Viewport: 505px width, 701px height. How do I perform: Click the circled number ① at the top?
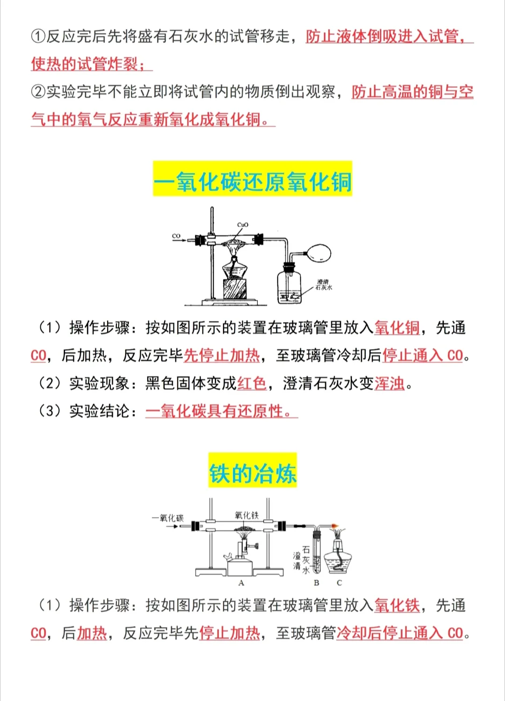(x=38, y=37)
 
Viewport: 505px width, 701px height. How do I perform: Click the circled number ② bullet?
(x=38, y=92)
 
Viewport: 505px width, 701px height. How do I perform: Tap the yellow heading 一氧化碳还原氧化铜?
(x=252, y=182)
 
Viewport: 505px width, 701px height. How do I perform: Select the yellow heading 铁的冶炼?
(x=252, y=473)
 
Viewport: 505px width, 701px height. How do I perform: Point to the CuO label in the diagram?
(x=243, y=225)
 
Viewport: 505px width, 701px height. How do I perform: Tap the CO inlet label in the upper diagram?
(x=176, y=236)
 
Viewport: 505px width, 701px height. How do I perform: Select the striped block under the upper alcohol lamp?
(x=235, y=289)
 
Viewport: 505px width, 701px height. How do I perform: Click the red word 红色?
(x=252, y=383)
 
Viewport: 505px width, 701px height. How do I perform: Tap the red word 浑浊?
(x=390, y=383)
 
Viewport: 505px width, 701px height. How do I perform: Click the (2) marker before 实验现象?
(x=50, y=383)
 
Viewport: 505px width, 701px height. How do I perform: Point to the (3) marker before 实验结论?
(x=50, y=411)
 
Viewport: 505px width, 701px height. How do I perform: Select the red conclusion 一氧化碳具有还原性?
(x=221, y=411)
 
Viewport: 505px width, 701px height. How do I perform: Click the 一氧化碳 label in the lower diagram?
(x=168, y=518)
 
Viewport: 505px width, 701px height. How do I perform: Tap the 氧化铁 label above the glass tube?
(x=246, y=515)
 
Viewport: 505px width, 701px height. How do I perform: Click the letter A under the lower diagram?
(x=241, y=583)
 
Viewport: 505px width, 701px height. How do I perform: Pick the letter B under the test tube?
(x=317, y=583)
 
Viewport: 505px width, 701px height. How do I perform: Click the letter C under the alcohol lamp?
(x=339, y=583)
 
